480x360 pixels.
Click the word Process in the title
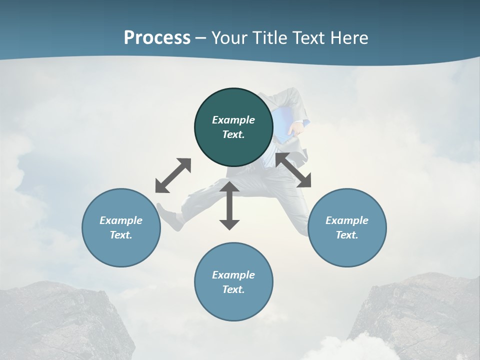[157, 38]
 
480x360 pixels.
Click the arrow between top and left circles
[173, 175]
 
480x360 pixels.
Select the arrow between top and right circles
[293, 170]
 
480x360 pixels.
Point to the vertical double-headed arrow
[229, 205]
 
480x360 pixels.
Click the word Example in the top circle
[233, 120]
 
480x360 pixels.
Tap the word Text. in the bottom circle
[233, 289]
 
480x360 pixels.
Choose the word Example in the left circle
[121, 220]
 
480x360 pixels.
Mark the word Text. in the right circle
[347, 235]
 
